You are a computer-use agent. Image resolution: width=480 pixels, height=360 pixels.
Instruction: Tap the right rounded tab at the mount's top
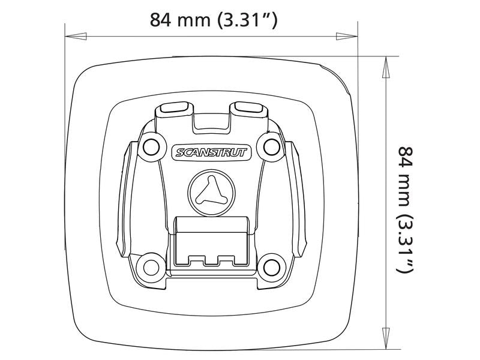pyautogui.click(x=250, y=108)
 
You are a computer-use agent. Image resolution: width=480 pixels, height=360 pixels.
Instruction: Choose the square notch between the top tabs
pyautogui.click(x=212, y=121)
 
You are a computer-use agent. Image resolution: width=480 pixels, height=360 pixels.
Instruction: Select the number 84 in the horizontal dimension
pyautogui.click(x=161, y=20)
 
